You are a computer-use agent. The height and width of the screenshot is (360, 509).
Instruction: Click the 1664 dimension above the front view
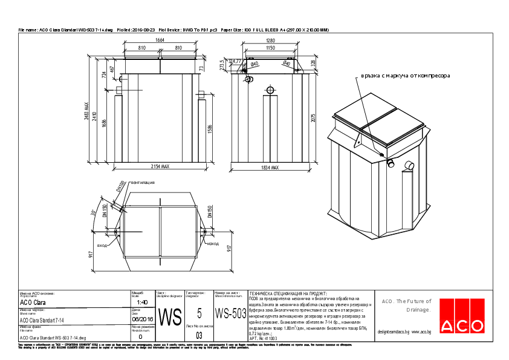pos(160,40)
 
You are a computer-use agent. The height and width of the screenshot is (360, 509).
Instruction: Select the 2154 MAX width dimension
pos(160,167)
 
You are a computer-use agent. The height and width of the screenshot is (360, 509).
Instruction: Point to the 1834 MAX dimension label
pos(270,168)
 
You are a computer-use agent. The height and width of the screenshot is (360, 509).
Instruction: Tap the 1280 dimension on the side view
pos(270,40)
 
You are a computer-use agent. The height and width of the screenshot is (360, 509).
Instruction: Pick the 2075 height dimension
pos(313,117)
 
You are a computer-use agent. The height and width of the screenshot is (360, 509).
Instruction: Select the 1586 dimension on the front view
pos(209,129)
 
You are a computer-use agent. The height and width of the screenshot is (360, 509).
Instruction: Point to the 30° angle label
pos(94,212)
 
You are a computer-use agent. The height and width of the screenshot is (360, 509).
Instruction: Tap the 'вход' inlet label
pos(102,246)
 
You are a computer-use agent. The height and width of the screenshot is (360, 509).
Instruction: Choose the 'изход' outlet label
pos(213,243)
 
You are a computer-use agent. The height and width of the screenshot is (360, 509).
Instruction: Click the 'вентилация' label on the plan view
pos(143,182)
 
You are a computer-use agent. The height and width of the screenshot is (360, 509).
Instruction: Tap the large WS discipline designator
pos(172,316)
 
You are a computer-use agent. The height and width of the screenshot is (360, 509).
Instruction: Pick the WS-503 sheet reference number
pos(230,314)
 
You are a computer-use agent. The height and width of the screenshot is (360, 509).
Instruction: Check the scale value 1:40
pos(143,302)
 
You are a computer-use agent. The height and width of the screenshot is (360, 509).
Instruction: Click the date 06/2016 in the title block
pos(143,319)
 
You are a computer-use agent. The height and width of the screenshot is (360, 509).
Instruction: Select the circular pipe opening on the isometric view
pos(391,163)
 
